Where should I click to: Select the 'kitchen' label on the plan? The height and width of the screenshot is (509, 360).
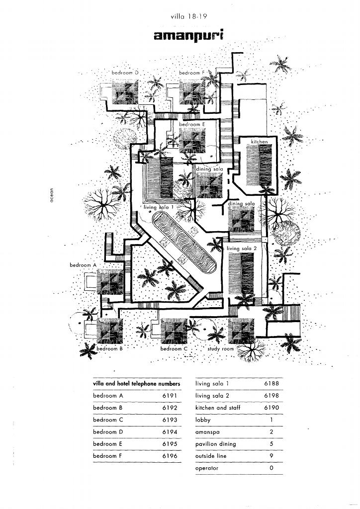pyautogui.click(x=259, y=142)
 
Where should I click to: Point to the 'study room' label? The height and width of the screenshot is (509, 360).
pyautogui.click(x=220, y=349)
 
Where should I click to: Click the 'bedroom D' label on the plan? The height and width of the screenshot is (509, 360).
pyautogui.click(x=124, y=73)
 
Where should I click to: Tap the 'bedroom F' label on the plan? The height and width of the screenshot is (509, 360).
pyautogui.click(x=191, y=73)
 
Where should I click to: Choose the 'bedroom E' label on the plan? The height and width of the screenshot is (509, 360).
pyautogui.click(x=192, y=124)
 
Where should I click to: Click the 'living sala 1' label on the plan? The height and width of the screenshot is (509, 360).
pyautogui.click(x=159, y=206)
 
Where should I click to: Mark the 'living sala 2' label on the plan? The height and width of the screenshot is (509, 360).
pyautogui.click(x=242, y=248)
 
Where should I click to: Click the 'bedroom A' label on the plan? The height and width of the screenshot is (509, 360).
pyautogui.click(x=82, y=265)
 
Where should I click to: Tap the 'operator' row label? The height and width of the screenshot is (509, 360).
pyautogui.click(x=207, y=468)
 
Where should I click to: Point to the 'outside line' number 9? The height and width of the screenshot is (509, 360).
pyautogui.click(x=271, y=456)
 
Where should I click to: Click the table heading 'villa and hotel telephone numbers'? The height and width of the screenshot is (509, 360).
pyautogui.click(x=136, y=384)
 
